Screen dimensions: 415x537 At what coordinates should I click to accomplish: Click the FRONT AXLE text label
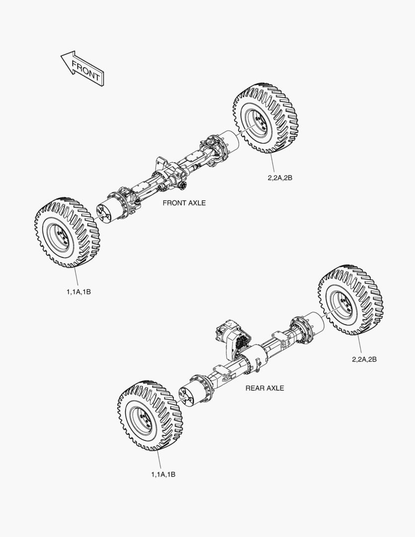(184, 203)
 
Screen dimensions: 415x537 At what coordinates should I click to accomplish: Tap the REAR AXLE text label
(265, 388)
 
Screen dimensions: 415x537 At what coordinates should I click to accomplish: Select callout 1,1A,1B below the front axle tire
(79, 292)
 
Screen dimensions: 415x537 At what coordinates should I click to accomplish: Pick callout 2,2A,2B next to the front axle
(280, 178)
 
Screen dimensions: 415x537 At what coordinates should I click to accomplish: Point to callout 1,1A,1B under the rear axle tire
(163, 475)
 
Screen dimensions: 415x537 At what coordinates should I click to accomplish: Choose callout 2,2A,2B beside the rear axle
(364, 359)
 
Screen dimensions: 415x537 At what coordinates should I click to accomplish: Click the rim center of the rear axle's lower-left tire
(145, 420)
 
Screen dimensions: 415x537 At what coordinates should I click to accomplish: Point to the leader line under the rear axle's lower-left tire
(159, 459)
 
